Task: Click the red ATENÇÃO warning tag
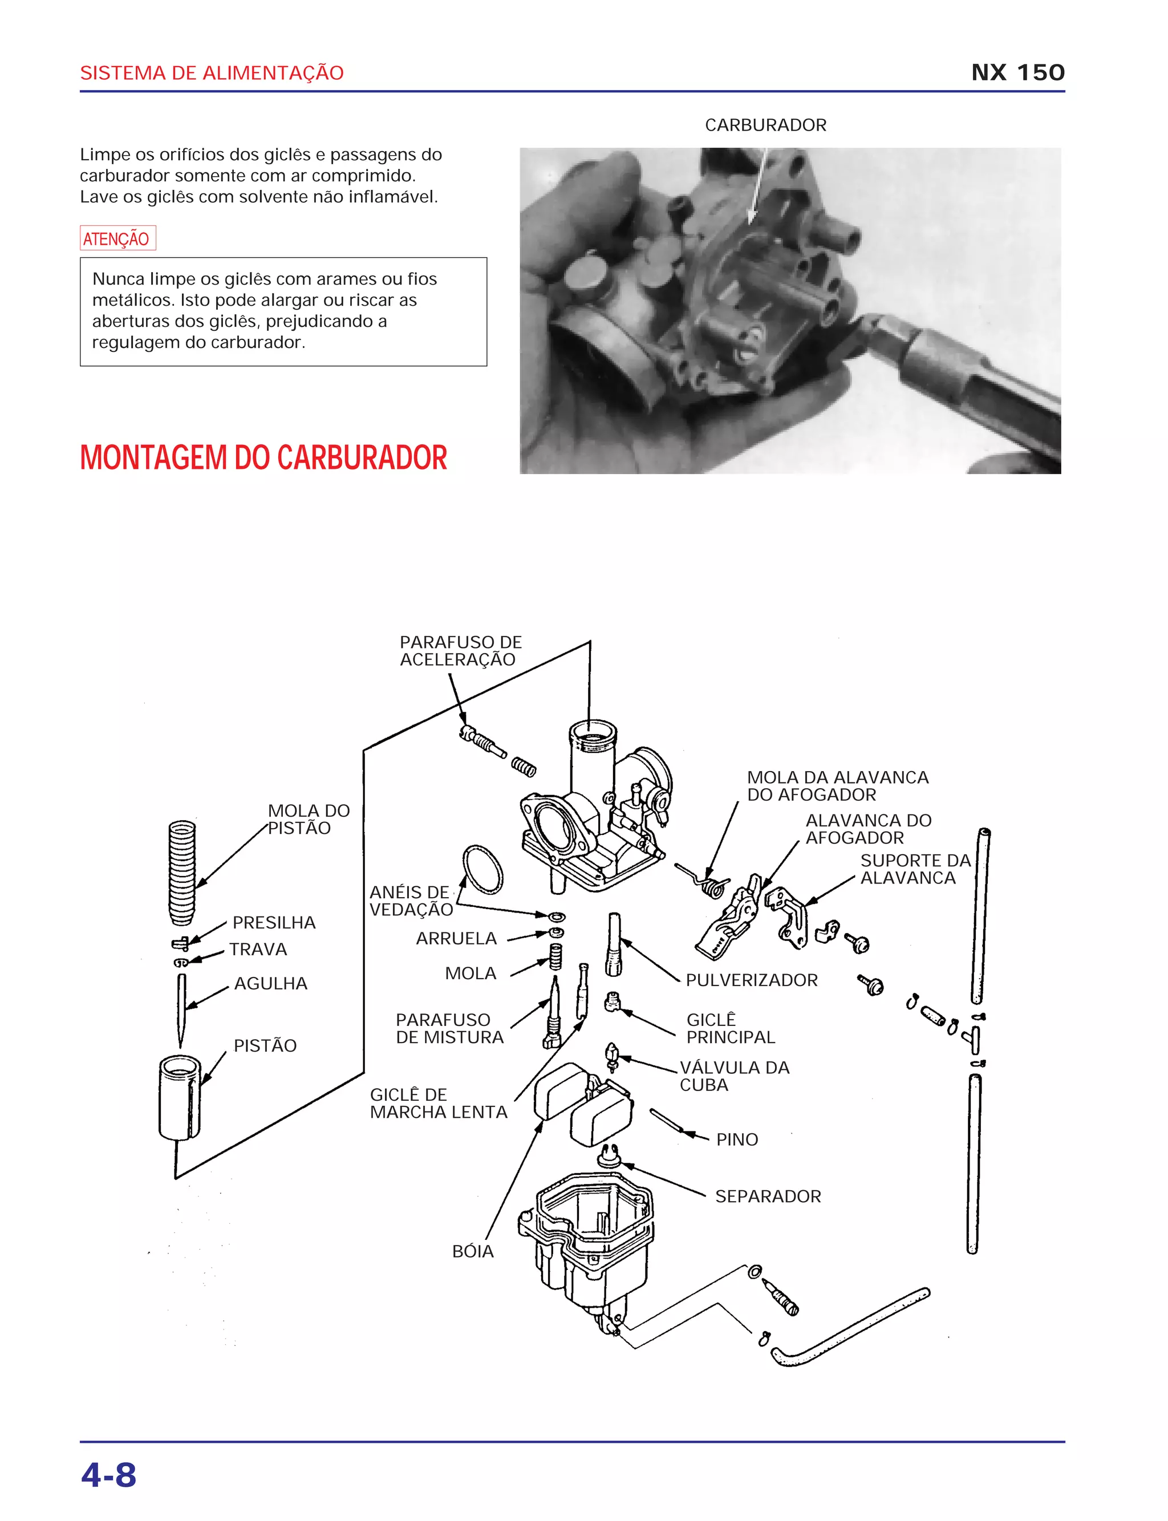pos(117,238)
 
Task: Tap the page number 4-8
pos(108,1474)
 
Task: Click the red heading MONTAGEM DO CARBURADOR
pos(263,458)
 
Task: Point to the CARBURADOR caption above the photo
pos(765,125)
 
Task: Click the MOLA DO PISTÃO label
pos(308,820)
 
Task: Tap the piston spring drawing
pos(182,873)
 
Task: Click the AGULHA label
pos(270,984)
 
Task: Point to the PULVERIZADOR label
pos(752,980)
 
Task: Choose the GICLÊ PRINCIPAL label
pos(730,1028)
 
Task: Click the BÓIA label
pos(473,1251)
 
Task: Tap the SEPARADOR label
pos(768,1196)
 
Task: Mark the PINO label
pos(737,1139)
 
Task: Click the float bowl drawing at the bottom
pos(591,1244)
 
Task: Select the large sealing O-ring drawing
pos(482,869)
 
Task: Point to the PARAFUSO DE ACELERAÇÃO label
pos(460,651)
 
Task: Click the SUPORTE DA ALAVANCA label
pos(914,869)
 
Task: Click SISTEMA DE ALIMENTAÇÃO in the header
pos(212,73)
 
